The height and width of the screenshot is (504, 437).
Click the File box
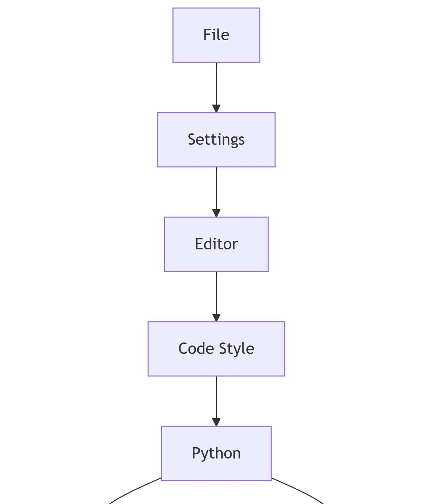coord(216,35)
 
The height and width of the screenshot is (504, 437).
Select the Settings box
coord(216,140)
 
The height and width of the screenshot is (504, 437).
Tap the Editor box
coord(216,244)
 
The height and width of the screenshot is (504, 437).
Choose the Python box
coord(216,453)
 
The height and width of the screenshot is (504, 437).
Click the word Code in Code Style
coord(196,349)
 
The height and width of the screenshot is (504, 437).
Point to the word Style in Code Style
coord(237,349)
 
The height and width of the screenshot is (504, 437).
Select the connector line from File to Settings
coord(216,84)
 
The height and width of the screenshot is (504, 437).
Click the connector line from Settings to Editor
coord(216,188)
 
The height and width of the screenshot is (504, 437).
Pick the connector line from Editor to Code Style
coord(216,292)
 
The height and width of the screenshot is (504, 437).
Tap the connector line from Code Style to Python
coord(216,397)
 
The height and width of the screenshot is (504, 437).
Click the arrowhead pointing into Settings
coord(216,109)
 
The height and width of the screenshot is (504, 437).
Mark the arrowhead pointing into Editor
coord(216,213)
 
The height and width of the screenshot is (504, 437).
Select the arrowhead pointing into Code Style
coord(216,318)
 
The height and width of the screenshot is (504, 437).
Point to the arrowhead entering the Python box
coord(216,422)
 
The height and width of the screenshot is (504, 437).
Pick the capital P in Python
coord(196,453)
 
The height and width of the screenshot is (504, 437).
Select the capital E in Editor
coord(199,244)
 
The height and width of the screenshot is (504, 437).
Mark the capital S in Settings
coord(192,139)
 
